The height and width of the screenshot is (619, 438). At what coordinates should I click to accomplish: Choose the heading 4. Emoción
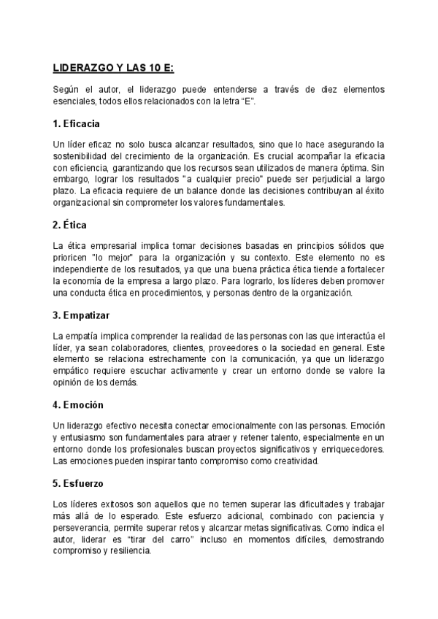pos(78,404)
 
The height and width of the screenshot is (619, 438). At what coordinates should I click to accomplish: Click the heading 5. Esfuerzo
pos(79,483)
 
